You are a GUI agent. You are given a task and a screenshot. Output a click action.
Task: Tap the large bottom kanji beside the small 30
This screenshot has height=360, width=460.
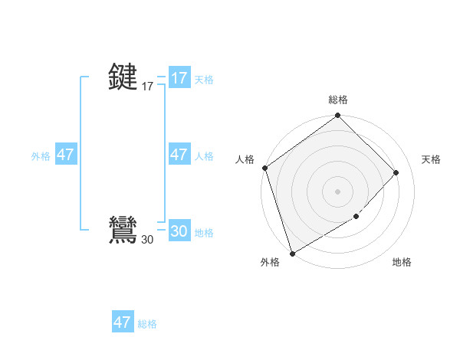123,231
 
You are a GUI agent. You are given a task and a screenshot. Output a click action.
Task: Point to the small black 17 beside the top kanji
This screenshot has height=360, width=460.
147,87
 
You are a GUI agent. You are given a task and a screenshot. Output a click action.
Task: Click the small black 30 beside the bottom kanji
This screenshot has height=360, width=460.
147,240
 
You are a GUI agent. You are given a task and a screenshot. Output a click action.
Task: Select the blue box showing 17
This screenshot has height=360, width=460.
179,78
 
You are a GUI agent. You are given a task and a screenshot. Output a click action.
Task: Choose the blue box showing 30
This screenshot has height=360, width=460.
179,232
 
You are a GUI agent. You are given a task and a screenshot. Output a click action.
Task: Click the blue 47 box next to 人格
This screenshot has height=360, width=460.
179,155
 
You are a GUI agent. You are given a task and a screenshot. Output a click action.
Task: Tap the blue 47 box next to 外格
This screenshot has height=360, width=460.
65,155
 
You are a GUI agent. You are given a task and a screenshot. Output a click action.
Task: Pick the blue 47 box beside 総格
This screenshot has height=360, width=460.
123,322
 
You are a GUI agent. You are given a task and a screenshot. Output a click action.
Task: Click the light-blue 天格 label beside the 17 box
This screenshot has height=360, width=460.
204,79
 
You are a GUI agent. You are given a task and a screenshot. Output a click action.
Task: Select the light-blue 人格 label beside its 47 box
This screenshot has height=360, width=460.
204,155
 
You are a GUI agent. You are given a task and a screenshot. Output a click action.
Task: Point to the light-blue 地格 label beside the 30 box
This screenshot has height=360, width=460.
204,233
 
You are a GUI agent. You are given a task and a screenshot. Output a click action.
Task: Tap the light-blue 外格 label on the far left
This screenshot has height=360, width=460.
41,155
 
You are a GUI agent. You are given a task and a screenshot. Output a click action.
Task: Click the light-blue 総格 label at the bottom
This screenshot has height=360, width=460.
147,323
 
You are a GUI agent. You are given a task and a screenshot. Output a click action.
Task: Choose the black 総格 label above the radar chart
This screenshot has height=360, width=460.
338,100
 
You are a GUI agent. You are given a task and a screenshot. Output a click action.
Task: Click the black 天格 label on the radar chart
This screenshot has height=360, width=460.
432,159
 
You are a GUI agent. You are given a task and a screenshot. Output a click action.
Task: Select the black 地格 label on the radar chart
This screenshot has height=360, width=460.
402,262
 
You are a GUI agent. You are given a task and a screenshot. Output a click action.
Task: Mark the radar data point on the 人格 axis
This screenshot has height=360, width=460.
264,168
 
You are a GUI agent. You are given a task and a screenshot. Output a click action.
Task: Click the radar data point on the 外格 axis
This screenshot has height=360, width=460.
292,253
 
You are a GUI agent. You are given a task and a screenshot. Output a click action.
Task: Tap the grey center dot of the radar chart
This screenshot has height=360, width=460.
338,191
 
